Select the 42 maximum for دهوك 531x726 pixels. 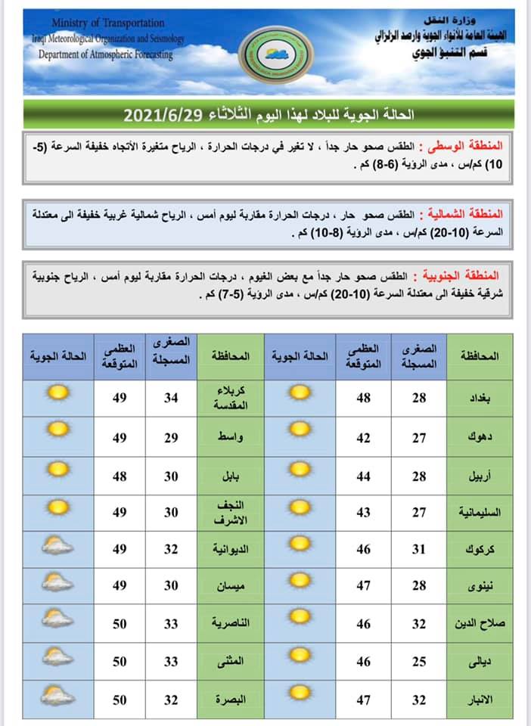point(364,436)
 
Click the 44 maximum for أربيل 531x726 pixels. point(364,473)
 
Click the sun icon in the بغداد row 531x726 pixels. point(300,394)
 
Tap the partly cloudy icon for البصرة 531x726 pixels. point(57,696)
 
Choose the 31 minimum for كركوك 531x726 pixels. point(419,548)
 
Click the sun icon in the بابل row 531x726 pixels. point(57,469)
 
